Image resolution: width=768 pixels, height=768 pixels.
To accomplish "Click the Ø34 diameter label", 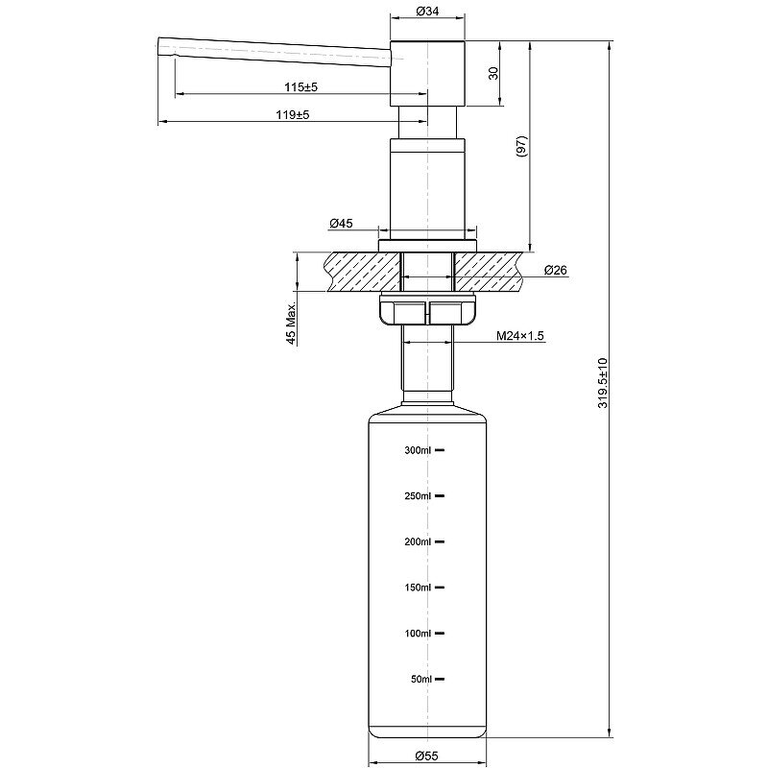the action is click(427, 11).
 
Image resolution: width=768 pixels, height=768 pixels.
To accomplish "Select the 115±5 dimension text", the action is click(301, 87).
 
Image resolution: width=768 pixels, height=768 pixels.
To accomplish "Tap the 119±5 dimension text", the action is click(293, 115).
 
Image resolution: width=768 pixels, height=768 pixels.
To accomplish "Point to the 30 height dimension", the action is click(493, 73).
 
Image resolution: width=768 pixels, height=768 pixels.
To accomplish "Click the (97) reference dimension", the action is click(521, 146).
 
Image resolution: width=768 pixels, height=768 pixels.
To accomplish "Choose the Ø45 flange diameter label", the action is click(342, 224).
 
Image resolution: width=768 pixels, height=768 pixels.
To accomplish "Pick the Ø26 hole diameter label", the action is click(556, 270).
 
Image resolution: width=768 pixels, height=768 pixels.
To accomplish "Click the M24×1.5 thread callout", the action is click(520, 335).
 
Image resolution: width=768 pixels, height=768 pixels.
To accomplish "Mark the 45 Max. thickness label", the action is click(292, 324).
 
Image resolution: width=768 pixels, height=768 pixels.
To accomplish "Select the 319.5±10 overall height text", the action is click(603, 382).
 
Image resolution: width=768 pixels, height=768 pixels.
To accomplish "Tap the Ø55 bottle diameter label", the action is click(426, 756).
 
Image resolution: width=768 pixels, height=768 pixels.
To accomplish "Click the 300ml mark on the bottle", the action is click(418, 450).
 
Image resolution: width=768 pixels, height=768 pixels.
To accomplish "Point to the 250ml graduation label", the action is click(418, 495).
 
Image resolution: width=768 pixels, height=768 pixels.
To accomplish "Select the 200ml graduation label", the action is click(418, 541).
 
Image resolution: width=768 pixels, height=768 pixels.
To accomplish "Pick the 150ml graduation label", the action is click(418, 588).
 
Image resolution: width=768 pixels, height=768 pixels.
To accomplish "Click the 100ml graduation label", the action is click(418, 634).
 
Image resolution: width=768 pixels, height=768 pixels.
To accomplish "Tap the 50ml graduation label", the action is click(421, 679).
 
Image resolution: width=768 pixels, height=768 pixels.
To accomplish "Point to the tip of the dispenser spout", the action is click(158, 47).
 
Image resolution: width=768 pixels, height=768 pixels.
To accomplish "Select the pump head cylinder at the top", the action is click(427, 74).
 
